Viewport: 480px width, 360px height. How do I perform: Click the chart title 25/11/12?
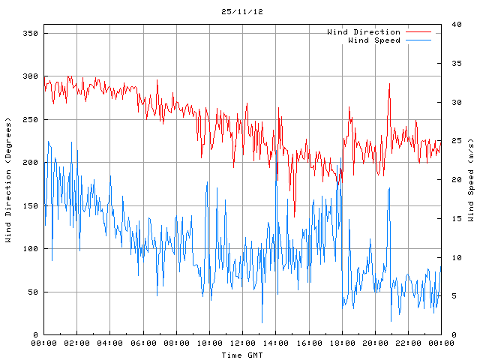point(241,12)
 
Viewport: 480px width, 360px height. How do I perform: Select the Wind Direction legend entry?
point(364,31)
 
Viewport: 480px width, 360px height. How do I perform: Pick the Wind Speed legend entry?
point(374,40)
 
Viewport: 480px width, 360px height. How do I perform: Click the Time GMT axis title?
point(241,354)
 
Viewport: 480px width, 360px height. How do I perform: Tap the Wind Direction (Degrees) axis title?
point(8,180)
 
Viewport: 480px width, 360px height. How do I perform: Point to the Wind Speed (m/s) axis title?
point(471,180)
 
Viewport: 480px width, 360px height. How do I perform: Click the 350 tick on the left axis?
point(30,33)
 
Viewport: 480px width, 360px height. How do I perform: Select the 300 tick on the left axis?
point(30,76)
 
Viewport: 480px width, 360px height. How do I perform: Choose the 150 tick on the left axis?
point(30,205)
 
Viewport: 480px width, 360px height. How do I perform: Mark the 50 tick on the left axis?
point(32,292)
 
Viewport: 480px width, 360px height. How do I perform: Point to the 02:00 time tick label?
point(76,343)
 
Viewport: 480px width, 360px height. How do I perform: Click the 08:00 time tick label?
point(176,343)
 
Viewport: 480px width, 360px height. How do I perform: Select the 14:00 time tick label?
point(275,343)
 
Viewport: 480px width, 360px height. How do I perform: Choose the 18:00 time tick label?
point(342,343)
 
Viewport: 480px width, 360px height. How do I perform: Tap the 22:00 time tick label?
point(408,343)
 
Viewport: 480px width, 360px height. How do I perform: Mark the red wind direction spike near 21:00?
point(389,85)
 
